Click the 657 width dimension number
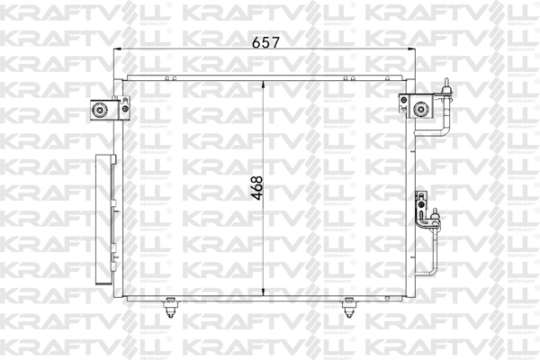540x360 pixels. (x=265, y=42)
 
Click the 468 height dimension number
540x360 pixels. (x=256, y=188)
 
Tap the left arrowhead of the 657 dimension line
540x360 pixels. (x=117, y=49)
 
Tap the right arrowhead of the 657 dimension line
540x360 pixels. (x=411, y=49)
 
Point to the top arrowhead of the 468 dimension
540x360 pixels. (x=264, y=85)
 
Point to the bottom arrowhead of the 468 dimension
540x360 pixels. (x=264, y=292)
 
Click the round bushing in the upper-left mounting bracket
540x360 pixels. (x=100, y=110)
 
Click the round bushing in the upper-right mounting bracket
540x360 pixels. (x=420, y=110)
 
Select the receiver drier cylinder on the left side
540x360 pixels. (x=104, y=219)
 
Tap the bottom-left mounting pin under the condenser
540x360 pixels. (x=169, y=307)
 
